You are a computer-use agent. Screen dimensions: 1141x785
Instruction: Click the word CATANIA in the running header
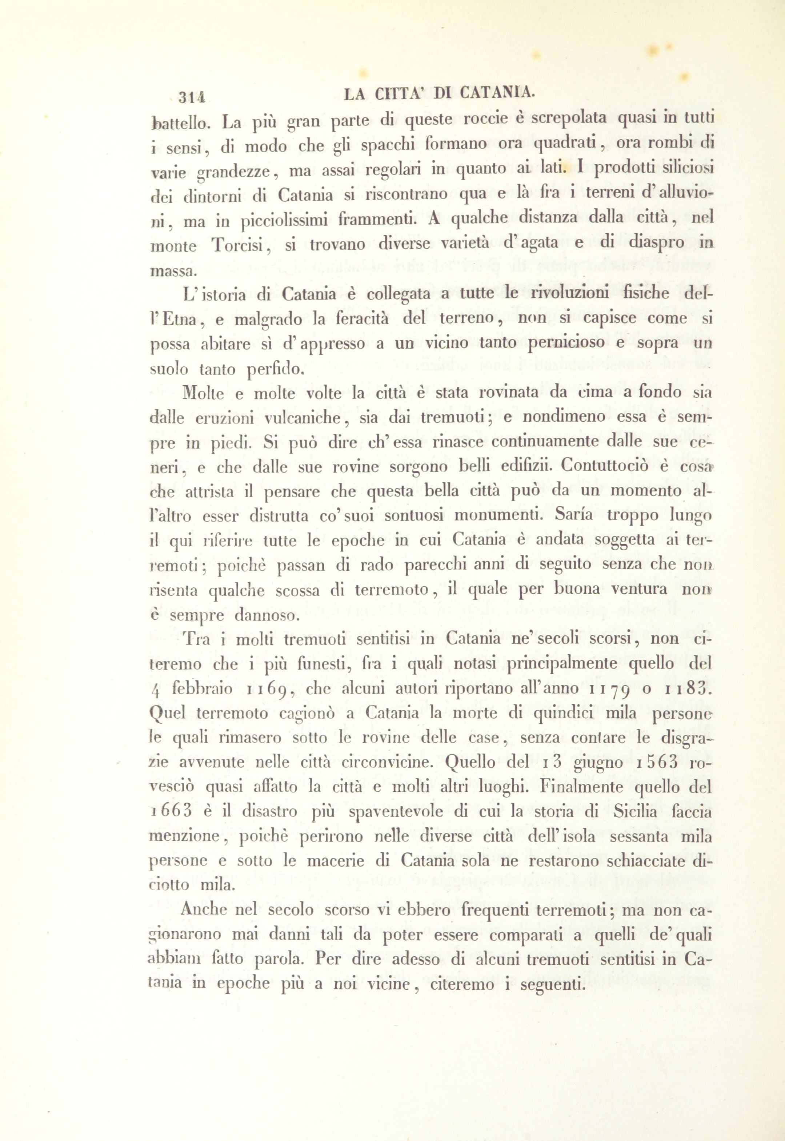point(496,93)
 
